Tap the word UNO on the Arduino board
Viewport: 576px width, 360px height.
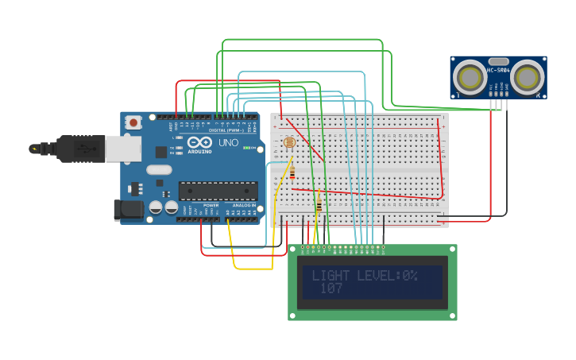point(228,142)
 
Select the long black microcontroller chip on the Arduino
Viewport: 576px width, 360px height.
point(218,191)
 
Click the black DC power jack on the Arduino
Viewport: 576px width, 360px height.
point(128,210)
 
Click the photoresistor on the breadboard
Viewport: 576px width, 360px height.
point(288,143)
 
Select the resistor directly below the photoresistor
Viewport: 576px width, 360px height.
point(292,172)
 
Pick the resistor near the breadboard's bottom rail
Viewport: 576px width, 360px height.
point(319,205)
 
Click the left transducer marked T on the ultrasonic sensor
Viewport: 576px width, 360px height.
point(470,77)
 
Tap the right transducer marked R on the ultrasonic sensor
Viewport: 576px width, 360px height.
point(527,77)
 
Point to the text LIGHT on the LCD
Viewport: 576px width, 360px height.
point(331,276)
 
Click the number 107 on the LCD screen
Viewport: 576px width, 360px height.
point(331,289)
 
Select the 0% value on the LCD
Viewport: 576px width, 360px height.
point(408,276)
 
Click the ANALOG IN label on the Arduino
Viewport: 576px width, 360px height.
point(244,206)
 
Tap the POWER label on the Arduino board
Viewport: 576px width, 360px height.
point(211,206)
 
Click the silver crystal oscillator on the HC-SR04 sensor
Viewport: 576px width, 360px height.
point(498,61)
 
